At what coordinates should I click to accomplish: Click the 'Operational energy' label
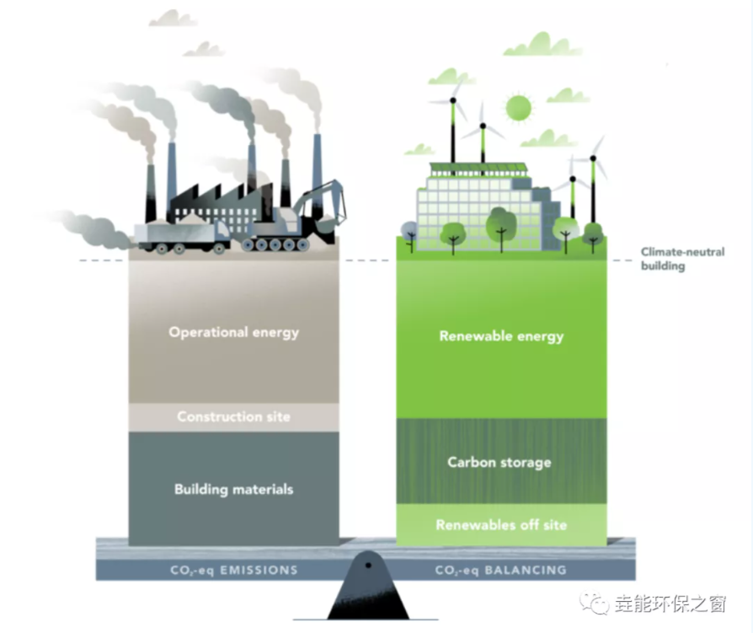[233, 332]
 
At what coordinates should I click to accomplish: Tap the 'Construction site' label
[233, 416]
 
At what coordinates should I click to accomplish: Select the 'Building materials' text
[233, 489]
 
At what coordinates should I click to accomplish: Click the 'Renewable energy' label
[501, 336]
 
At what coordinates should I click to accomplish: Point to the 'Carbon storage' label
[499, 462]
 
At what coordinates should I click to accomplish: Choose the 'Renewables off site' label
[501, 525]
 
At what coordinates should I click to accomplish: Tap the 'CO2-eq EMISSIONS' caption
[233, 570]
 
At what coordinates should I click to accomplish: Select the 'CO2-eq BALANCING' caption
[500, 570]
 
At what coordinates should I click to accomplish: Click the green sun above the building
[518, 108]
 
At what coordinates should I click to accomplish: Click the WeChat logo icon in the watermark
[598, 603]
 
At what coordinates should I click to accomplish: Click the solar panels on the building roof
[478, 169]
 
